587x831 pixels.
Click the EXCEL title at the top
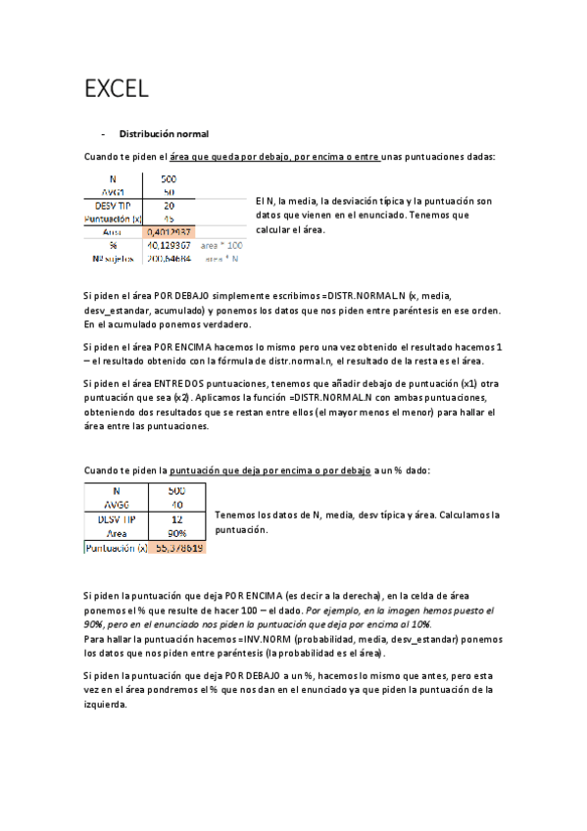tap(117, 90)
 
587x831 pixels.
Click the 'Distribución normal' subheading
tap(164, 133)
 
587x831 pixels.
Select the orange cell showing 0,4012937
tap(169, 232)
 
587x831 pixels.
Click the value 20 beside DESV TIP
tap(170, 206)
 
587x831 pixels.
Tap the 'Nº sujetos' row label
tap(112, 259)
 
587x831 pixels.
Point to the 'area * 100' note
tap(221, 246)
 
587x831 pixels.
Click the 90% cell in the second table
tap(176, 533)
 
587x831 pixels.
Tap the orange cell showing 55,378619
tap(177, 548)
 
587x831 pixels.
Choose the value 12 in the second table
tap(176, 518)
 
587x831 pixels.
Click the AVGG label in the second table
tap(116, 505)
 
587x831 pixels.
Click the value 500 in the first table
tap(170, 179)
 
